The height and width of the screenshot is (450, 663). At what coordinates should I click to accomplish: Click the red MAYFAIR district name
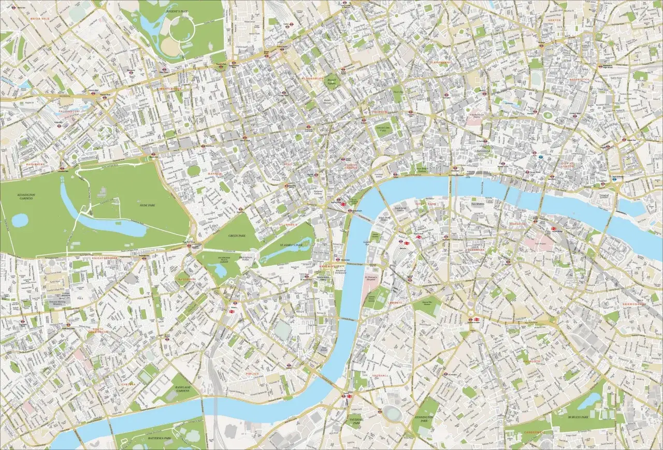214,173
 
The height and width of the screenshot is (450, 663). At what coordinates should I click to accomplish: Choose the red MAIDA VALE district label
39,18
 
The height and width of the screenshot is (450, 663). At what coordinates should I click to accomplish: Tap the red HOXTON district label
554,20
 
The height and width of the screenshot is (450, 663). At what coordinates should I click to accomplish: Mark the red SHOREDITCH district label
579,80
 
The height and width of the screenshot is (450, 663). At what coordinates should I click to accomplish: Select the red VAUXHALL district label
380,375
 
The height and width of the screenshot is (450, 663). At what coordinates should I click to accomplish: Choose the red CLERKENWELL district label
440,62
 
